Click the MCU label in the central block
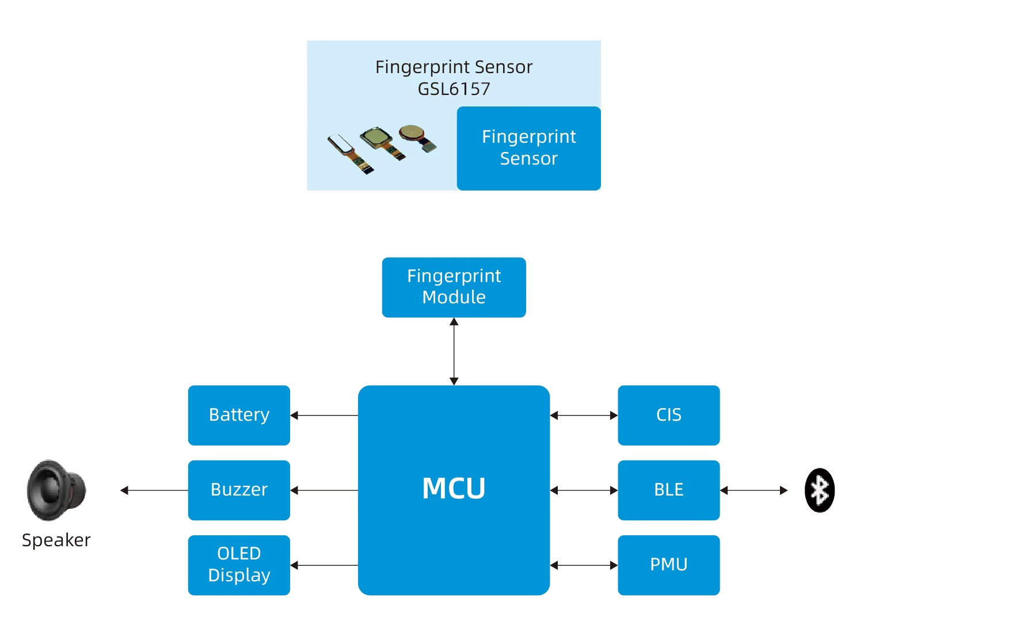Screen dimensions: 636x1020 [x=454, y=489]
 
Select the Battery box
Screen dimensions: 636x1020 [x=239, y=415]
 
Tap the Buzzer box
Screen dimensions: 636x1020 [x=239, y=490]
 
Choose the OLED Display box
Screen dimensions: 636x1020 [x=239, y=565]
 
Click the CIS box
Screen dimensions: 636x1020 [x=668, y=415]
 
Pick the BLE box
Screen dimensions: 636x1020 [x=668, y=490]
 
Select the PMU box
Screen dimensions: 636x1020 [x=668, y=565]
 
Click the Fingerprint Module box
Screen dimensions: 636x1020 [x=454, y=287]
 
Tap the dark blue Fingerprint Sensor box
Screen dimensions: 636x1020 [x=528, y=148]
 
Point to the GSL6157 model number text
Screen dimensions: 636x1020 [x=454, y=89]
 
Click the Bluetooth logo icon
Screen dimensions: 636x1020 [x=819, y=490]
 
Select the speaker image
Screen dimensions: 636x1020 [x=56, y=490]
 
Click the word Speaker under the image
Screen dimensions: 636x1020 [x=56, y=540]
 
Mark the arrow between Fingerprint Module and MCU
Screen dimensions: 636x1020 [x=454, y=351]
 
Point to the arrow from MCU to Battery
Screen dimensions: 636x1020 [x=324, y=415]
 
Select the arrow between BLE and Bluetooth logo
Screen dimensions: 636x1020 [x=753, y=490]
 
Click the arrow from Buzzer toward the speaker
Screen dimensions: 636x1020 [x=154, y=490]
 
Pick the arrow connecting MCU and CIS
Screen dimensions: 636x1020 [x=584, y=415]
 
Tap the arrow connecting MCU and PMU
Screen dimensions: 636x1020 [x=584, y=565]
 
